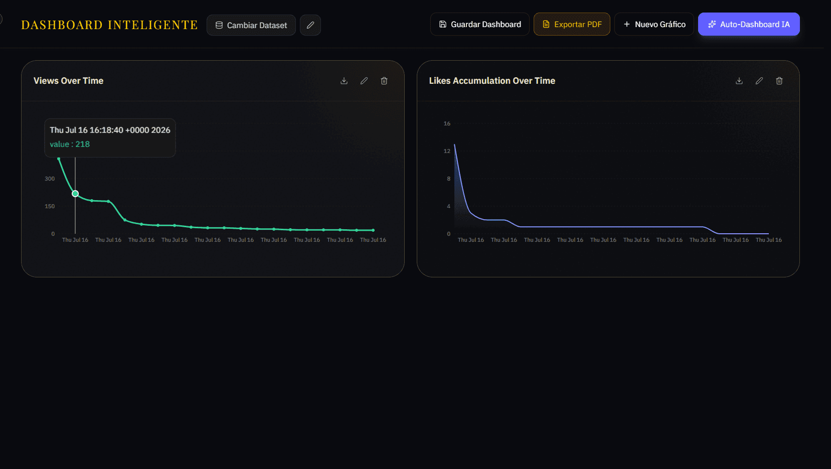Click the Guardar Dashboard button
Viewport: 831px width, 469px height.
(479, 25)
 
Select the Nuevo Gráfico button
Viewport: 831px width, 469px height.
(654, 25)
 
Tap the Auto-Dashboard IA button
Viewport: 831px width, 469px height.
(749, 25)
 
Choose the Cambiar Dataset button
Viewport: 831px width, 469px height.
(251, 25)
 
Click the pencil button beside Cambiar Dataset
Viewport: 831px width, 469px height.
(310, 25)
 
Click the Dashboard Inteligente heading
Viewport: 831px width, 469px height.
(109, 25)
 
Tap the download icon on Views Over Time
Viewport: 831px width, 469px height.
(344, 81)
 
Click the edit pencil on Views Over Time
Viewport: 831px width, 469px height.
(364, 81)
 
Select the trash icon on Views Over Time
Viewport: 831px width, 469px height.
(384, 81)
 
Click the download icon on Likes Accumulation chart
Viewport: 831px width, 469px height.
(739, 81)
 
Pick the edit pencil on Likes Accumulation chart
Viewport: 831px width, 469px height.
(759, 81)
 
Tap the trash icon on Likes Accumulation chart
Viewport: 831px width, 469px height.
(779, 81)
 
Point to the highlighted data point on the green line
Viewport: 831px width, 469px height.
(75, 194)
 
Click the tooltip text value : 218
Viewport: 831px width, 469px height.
(70, 144)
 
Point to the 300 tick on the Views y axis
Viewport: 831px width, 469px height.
(50, 179)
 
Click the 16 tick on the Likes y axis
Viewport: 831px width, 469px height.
(447, 123)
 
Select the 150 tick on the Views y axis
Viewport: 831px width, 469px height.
(50, 206)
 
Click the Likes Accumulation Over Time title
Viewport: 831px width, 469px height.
(492, 81)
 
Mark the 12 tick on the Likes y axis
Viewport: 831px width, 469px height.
(447, 151)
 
